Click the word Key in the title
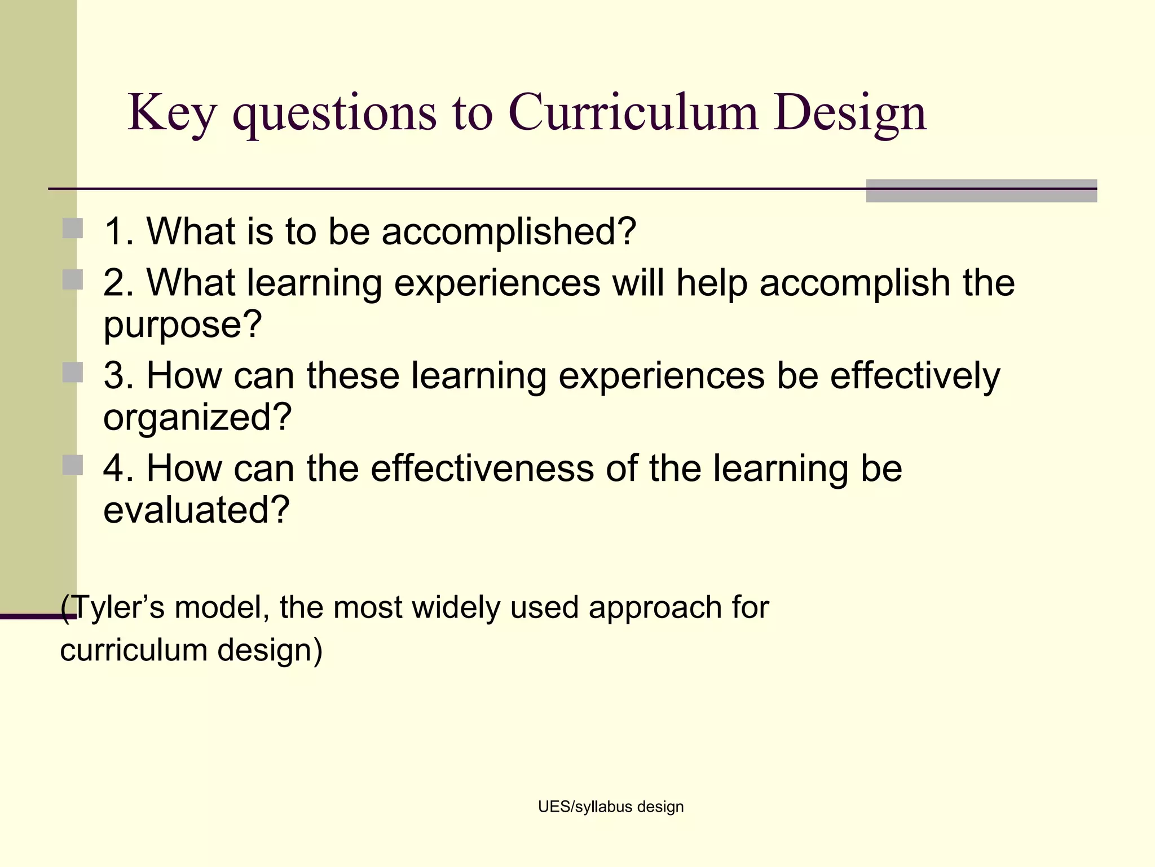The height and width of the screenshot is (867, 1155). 171,113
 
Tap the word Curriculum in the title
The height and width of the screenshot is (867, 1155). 633,112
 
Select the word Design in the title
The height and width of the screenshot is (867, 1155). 850,113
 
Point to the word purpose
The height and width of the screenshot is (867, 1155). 182,325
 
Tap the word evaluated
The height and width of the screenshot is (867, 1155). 196,510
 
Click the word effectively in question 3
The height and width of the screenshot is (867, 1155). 915,376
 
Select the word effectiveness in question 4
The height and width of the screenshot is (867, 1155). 482,468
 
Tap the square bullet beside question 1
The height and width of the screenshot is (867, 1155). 73,229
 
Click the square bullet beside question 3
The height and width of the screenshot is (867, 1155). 73,373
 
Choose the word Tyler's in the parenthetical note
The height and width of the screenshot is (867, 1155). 118,608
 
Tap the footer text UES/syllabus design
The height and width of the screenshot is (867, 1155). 611,807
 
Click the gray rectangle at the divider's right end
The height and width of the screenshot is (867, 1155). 981,191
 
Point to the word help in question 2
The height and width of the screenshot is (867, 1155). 711,283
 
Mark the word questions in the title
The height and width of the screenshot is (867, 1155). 334,113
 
